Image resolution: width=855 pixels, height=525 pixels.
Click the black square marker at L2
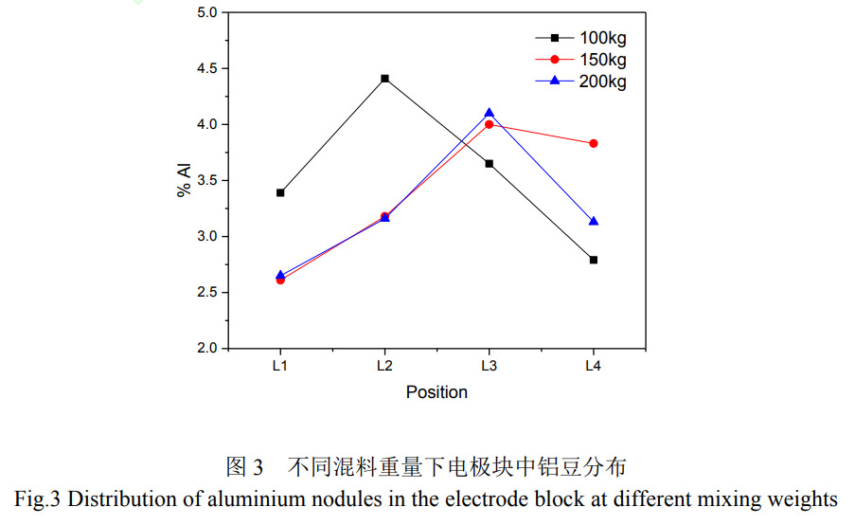tap(384, 79)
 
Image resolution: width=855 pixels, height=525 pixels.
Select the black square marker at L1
tap(280, 192)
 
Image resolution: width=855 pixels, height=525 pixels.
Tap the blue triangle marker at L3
tap(490, 113)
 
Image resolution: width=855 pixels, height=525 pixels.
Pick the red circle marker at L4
tap(594, 143)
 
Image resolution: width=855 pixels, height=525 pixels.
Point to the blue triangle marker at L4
tap(594, 221)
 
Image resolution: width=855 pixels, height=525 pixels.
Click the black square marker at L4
tap(594, 260)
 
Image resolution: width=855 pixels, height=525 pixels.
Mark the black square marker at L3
tap(490, 164)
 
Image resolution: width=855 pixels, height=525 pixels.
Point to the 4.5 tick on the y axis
tap(205, 68)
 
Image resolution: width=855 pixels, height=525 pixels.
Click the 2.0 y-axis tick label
tap(205, 349)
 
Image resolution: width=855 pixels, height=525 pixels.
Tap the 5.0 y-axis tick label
tap(205, 12)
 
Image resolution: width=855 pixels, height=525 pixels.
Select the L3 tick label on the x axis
tap(490, 365)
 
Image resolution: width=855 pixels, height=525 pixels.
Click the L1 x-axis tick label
tap(280, 365)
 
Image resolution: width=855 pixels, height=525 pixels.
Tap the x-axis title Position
tap(436, 391)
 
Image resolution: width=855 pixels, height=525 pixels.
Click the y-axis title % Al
tap(184, 180)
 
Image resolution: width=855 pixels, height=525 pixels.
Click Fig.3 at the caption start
tap(38, 498)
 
